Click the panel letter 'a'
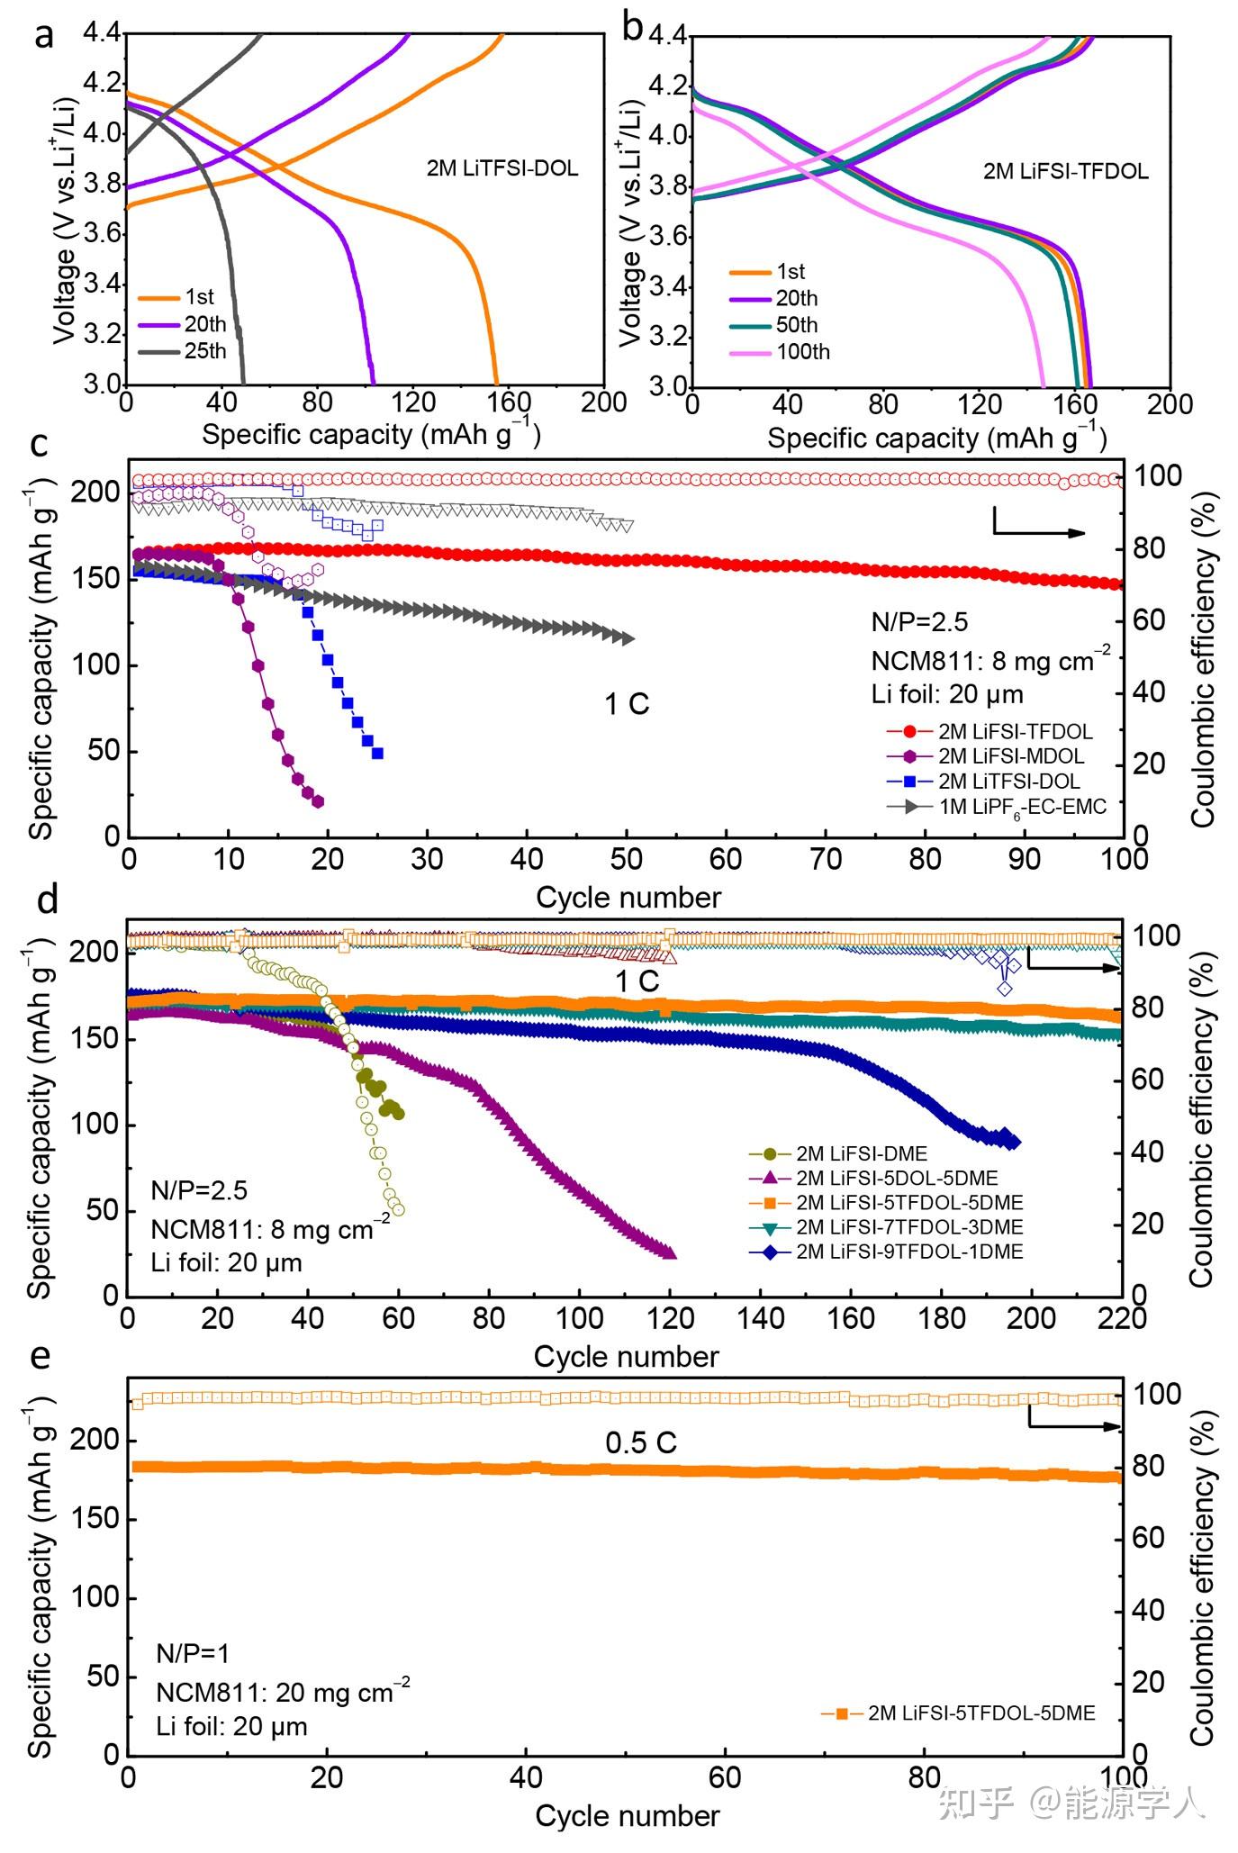pyautogui.click(x=43, y=34)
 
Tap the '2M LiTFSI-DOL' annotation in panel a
pyautogui.click(x=502, y=168)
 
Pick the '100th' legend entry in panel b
pyautogui.click(x=802, y=352)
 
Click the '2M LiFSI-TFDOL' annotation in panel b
pyautogui.click(x=1065, y=171)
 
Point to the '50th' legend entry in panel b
pyautogui.click(x=797, y=325)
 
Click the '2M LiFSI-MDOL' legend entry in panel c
pyautogui.click(x=1011, y=756)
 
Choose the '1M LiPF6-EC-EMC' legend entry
pyautogui.click(x=1023, y=807)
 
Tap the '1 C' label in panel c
pyautogui.click(x=627, y=704)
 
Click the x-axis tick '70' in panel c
pyautogui.click(x=826, y=859)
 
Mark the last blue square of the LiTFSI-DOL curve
pyautogui.click(x=377, y=753)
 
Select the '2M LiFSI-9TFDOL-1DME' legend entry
pyautogui.click(x=909, y=1252)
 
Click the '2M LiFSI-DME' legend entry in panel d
pyautogui.click(x=862, y=1153)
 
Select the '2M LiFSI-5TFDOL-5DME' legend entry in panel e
pyautogui.click(x=981, y=1713)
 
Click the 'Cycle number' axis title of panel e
pyautogui.click(x=628, y=1815)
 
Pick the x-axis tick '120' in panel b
pyautogui.click(x=979, y=404)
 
